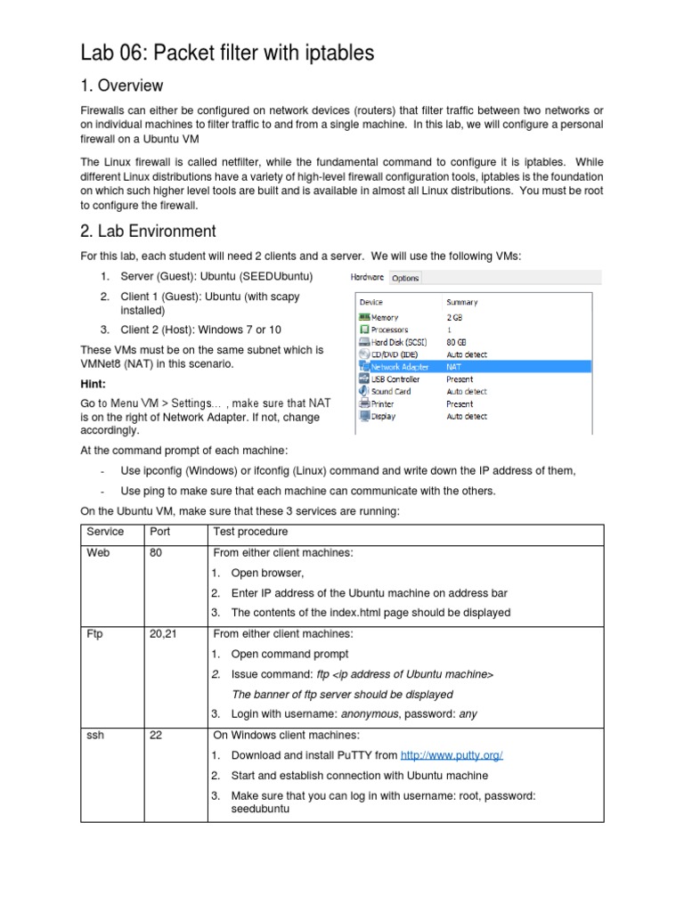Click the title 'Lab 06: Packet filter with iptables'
227,53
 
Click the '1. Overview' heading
122,85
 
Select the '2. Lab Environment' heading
148,231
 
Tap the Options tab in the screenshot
405,278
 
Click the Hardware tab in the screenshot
369,278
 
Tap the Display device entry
383,416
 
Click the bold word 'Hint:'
93,383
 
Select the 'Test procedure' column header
250,532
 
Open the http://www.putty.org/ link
452,755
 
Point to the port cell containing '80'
157,553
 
